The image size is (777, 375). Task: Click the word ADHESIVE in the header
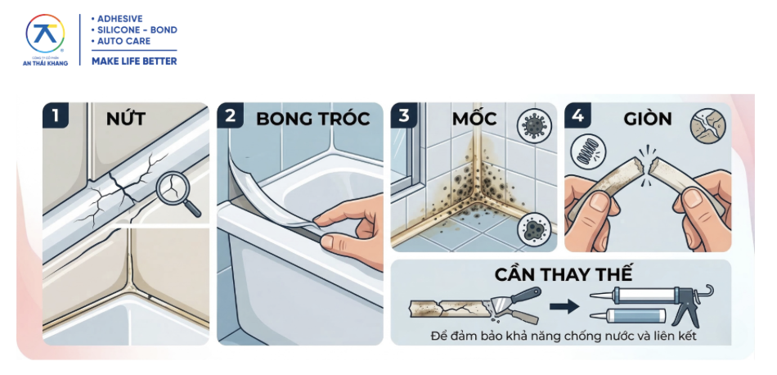119,18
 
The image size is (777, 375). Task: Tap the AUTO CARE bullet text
121,41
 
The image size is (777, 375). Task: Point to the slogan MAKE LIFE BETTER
134,61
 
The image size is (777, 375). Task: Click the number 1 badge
56,115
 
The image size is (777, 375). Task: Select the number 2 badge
230,115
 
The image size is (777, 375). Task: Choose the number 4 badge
577,115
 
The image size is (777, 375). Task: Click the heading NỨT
126,118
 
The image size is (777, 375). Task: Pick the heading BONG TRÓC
312,118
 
